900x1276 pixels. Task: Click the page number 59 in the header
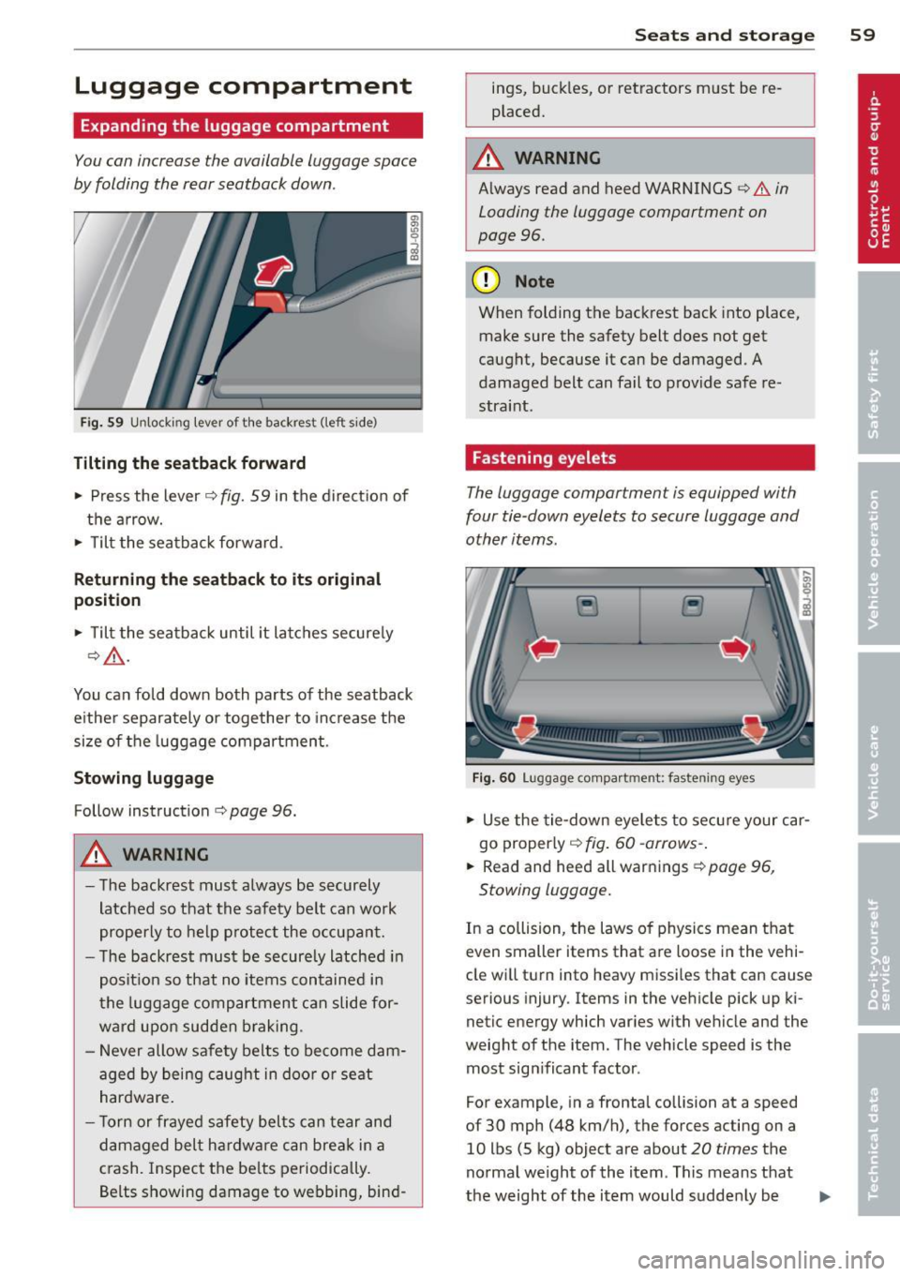click(x=862, y=35)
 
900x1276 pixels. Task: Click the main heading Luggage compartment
click(x=243, y=86)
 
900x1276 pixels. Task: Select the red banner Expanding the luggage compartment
click(x=247, y=126)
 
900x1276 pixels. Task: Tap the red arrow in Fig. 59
click(x=274, y=271)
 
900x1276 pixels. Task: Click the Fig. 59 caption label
click(x=101, y=423)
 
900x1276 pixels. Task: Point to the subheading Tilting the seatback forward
click(x=189, y=463)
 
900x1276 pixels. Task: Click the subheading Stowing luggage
click(x=143, y=778)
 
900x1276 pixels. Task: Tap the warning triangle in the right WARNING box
click(x=488, y=158)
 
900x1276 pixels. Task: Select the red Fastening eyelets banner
click(x=639, y=458)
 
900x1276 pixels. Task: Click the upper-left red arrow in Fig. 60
click(x=544, y=648)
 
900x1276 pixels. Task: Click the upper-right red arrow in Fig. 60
click(x=736, y=648)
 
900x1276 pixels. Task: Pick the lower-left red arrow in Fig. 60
click(x=526, y=727)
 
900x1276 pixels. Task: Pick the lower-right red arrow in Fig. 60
click(x=754, y=727)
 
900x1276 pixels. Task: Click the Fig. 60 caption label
click(x=493, y=778)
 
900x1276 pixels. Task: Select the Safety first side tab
click(x=877, y=394)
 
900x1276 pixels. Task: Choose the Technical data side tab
click(x=877, y=1142)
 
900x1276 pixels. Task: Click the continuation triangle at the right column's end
click(x=824, y=1196)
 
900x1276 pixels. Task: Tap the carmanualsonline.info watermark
click(x=759, y=1259)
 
